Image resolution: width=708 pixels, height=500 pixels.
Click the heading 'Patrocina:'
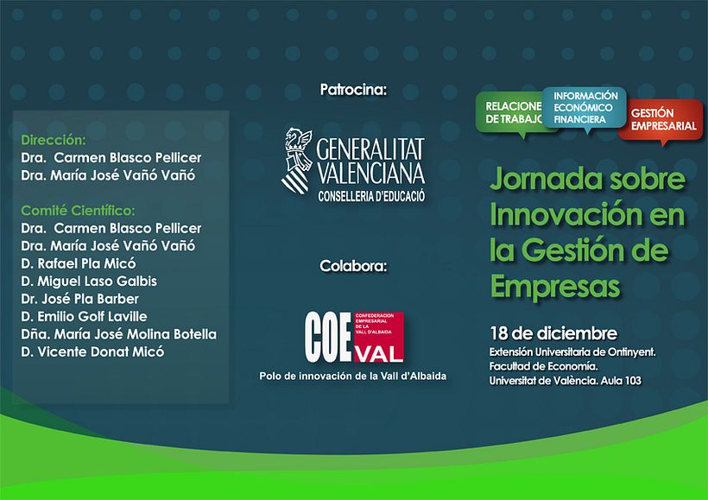[x=353, y=89]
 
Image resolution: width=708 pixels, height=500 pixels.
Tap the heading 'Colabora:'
[x=353, y=264]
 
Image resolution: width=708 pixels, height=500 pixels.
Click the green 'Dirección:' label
[x=54, y=139]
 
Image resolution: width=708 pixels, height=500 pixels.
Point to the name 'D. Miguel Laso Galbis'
[x=88, y=282]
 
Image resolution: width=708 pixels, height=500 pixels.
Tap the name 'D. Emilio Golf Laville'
[x=83, y=316]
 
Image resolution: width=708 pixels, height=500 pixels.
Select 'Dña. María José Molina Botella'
[x=117, y=334]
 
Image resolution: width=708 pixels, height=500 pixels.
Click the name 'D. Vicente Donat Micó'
[x=92, y=351]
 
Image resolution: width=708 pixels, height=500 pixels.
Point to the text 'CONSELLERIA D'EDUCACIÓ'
[x=371, y=196]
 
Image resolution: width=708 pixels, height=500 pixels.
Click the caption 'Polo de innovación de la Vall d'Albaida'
[x=353, y=377]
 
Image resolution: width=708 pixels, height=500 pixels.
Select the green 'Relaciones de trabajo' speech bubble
[x=509, y=112]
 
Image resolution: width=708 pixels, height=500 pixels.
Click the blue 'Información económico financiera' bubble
[x=585, y=106]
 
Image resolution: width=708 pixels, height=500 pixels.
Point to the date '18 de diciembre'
[x=540, y=333]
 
